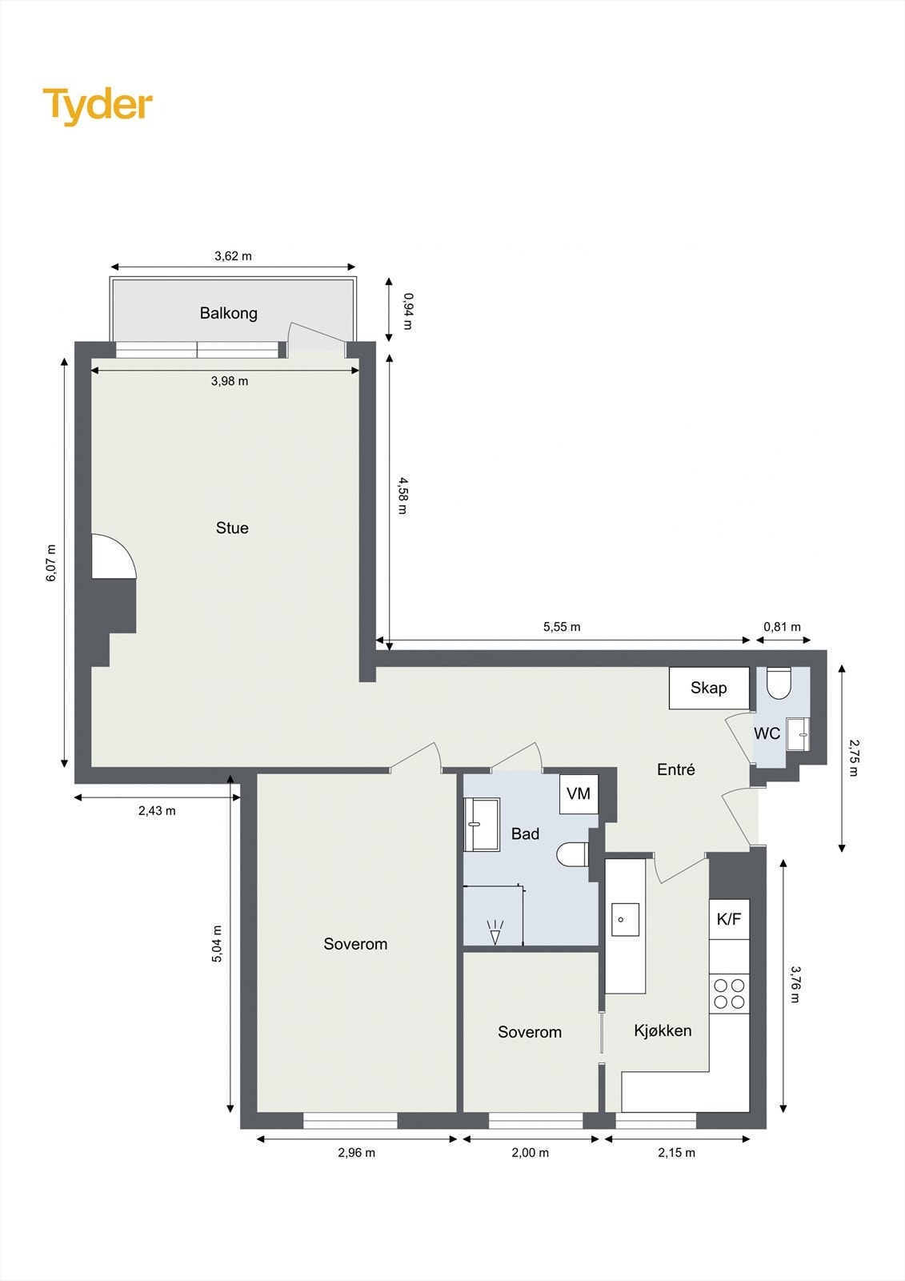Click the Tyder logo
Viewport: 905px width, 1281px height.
[97, 106]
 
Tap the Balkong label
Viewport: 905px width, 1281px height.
[229, 313]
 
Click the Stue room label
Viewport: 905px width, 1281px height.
[232, 528]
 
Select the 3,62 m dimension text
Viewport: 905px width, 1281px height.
[233, 256]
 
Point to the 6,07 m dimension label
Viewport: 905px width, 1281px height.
[52, 563]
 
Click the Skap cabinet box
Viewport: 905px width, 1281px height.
[709, 688]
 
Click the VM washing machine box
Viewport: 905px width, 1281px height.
[579, 793]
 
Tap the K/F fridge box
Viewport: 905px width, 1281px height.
[729, 919]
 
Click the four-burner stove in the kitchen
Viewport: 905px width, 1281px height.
[729, 994]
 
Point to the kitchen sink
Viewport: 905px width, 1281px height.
[625, 919]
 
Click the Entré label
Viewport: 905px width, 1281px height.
[676, 769]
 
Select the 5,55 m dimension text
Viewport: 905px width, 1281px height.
[562, 627]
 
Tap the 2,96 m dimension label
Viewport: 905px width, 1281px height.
[356, 1153]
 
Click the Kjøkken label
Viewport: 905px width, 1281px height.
[663, 1030]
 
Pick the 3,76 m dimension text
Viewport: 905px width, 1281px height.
[795, 984]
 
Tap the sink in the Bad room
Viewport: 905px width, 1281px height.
[482, 824]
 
